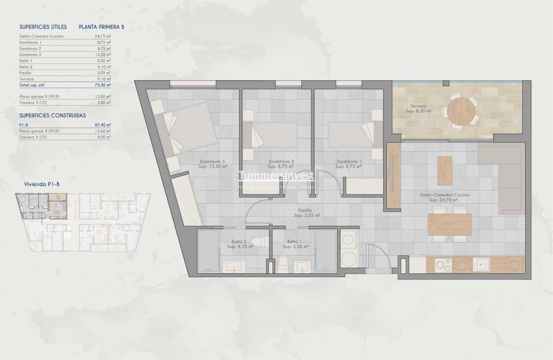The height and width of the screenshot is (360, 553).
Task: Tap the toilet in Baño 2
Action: point(257,242)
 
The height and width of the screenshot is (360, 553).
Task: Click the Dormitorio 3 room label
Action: point(212,162)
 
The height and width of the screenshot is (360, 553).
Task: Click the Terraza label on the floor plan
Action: point(418,106)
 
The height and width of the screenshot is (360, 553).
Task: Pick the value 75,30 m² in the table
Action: point(103,85)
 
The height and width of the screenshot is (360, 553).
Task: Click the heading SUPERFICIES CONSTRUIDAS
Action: point(52,116)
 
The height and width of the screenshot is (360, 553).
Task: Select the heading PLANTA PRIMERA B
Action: point(101,27)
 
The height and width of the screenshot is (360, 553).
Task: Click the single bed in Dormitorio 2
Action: point(270,135)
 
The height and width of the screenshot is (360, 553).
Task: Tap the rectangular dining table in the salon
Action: point(450,225)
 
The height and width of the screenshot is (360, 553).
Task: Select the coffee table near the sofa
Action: point(444,171)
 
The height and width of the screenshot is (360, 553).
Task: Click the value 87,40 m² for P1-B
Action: point(103,125)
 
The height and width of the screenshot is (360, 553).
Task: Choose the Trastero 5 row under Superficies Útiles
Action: point(65,103)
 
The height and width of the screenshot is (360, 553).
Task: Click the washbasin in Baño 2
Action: point(233,266)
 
